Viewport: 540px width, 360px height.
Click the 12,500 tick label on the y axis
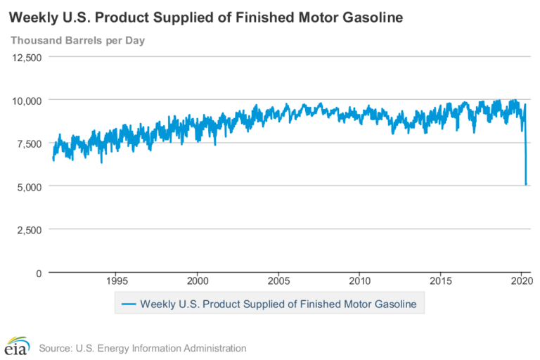click(27, 57)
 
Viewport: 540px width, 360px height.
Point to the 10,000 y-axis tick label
click(27, 100)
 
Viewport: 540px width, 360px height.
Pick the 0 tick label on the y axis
click(39, 272)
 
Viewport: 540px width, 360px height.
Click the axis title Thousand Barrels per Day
click(77, 40)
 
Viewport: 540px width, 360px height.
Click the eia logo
click(17, 345)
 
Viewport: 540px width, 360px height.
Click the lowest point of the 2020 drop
click(526, 185)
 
